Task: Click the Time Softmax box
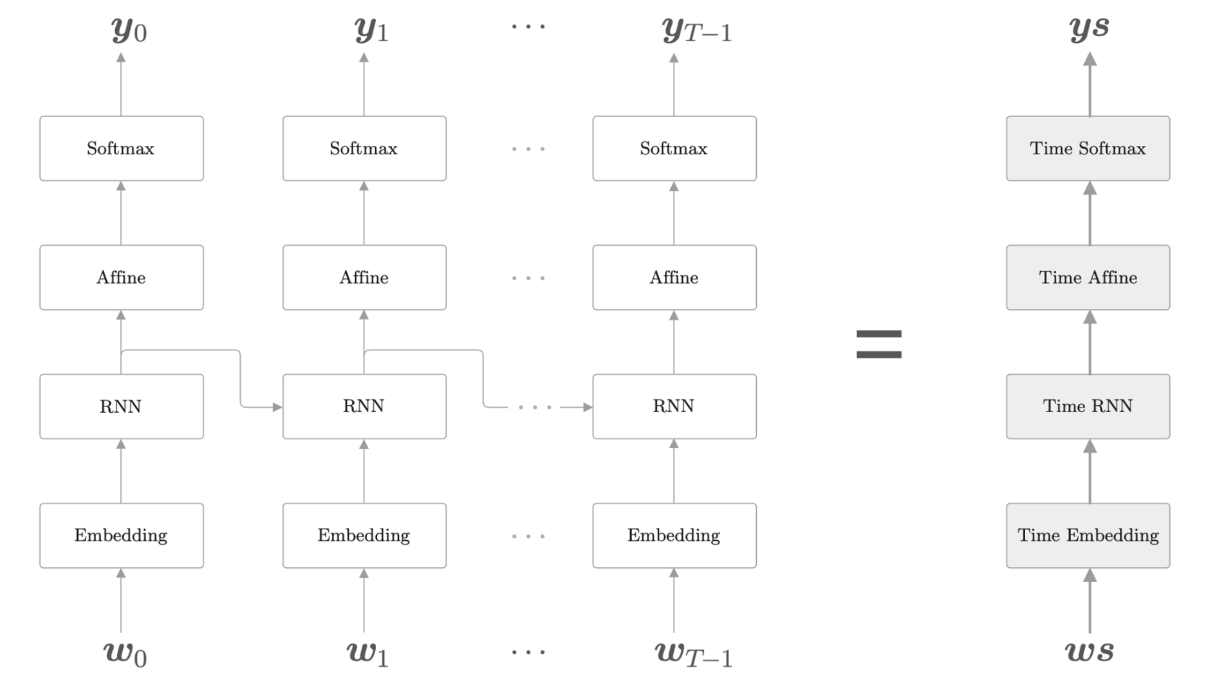(x=1088, y=149)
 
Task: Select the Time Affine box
(x=1088, y=277)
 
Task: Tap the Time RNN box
(x=1088, y=406)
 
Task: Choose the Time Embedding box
(x=1088, y=535)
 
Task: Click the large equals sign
(x=878, y=344)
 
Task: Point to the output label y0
(x=129, y=30)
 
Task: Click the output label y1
(x=371, y=30)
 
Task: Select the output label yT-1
(x=696, y=30)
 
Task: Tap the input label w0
(x=125, y=653)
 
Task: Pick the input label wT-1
(x=693, y=653)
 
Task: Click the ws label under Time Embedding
(x=1089, y=651)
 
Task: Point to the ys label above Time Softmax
(x=1089, y=28)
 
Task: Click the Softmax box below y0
(x=121, y=149)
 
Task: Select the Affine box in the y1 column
(x=364, y=277)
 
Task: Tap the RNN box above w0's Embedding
(x=121, y=406)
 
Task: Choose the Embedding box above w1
(x=364, y=535)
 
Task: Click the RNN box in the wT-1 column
(x=674, y=406)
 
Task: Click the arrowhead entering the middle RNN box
(x=277, y=407)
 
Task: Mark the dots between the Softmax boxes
(x=528, y=149)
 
